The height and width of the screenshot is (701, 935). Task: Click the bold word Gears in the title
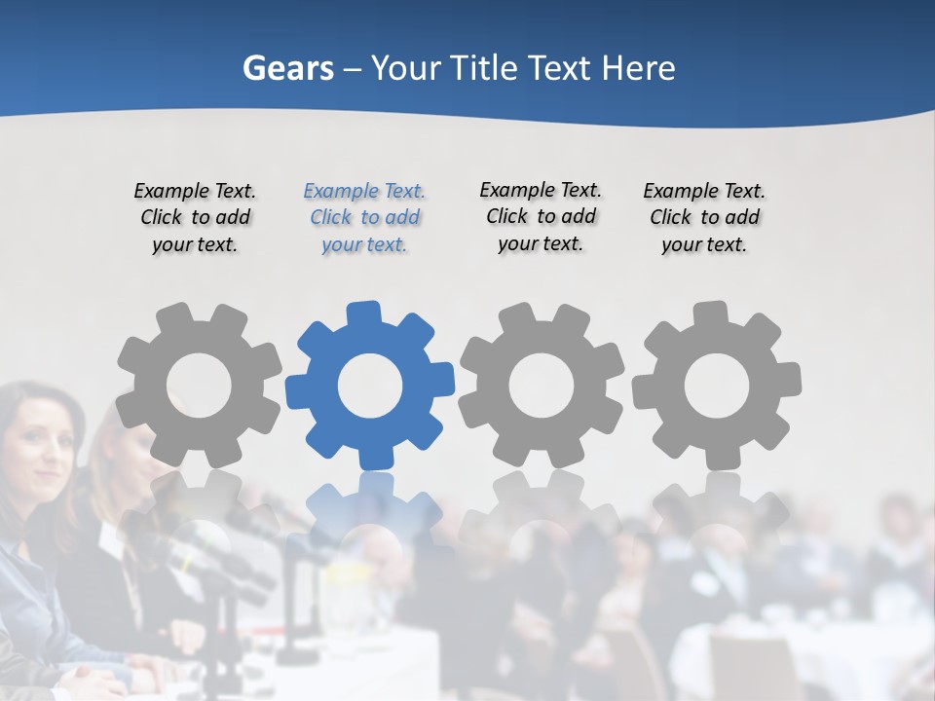287,68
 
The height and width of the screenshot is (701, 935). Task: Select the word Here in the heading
638,68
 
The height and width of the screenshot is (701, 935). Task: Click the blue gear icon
370,385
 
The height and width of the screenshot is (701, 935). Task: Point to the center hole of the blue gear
370,386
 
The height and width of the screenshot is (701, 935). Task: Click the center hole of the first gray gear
199,386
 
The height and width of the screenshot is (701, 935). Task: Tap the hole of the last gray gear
717,386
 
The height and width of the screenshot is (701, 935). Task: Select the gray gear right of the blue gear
542,385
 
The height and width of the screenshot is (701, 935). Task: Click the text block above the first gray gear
195,217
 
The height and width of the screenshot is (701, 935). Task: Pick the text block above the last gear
704,217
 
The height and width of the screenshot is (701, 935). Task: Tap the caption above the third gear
541,216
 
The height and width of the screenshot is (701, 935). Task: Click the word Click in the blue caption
330,218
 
